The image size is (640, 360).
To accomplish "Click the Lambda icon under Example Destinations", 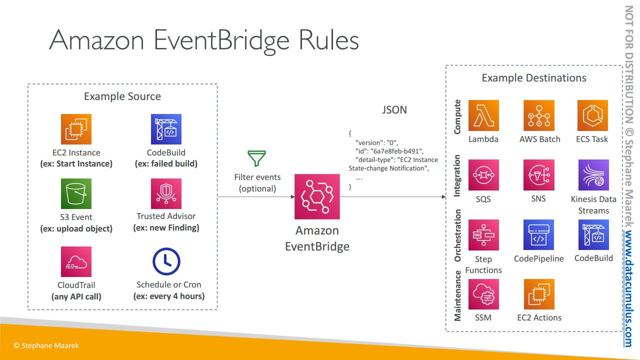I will [483, 115].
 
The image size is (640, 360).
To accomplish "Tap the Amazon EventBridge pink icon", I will [317, 197].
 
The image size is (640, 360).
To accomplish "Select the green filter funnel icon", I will [257, 158].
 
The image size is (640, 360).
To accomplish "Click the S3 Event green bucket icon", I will [76, 194].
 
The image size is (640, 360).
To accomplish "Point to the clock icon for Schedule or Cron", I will [166, 261].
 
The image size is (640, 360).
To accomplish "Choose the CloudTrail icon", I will [76, 261].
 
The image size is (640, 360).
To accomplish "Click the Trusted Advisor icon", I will [166, 194].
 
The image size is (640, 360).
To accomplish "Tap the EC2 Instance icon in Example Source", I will [76, 129].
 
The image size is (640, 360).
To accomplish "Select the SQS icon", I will [483, 175].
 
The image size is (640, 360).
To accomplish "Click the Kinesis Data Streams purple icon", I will [593, 175].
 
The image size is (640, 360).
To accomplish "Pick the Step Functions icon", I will [483, 235].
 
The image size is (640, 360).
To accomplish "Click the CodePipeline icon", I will [538, 235].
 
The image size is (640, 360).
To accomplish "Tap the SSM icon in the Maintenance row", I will [483, 294].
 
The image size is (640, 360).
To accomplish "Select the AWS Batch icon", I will [538, 115].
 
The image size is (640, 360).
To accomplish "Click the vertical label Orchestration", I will [457, 235].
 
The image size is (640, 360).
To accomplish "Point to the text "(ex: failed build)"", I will [166, 163].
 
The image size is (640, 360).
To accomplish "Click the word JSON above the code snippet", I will [394, 110].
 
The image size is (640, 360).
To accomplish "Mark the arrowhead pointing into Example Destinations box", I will [443, 197].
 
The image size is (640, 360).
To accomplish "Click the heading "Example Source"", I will [122, 96].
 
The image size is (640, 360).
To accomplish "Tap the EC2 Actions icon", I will [538, 294].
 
